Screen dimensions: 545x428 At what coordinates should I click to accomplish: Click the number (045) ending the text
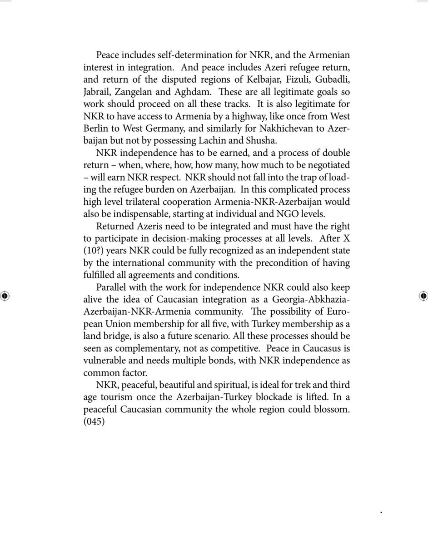point(94,421)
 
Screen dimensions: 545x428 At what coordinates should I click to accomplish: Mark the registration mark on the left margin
point(5,296)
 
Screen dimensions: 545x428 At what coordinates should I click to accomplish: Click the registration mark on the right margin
point(423,296)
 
